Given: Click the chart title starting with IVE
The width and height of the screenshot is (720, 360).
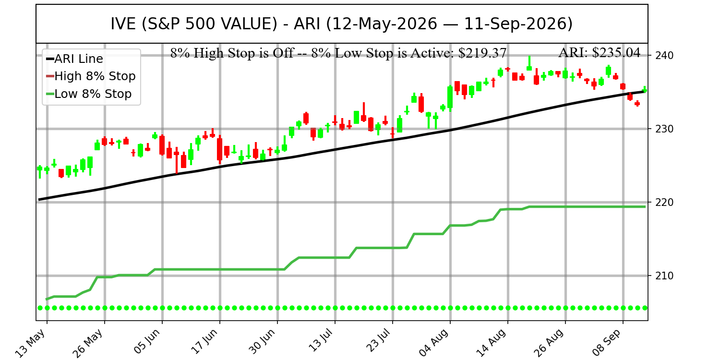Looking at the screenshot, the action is [x=341, y=24].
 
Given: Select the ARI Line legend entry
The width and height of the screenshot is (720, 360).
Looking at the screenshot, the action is [x=74, y=59].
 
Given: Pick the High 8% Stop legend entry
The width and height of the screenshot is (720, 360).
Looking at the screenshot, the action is [x=91, y=76].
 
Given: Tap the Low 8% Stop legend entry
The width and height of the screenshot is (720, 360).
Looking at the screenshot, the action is [x=89, y=94].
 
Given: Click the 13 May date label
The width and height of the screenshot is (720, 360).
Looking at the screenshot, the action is [x=30, y=343].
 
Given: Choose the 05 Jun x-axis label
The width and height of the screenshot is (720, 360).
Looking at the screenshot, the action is [x=147, y=341].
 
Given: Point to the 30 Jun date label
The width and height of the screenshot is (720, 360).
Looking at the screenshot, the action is [x=263, y=341].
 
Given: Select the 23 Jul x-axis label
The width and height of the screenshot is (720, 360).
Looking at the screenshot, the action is [x=379, y=341].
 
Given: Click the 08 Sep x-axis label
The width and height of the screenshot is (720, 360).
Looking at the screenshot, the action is [x=607, y=343].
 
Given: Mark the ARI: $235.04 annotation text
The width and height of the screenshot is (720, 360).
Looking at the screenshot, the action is [x=600, y=53].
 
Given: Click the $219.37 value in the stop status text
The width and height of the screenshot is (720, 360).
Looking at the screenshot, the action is [x=482, y=53].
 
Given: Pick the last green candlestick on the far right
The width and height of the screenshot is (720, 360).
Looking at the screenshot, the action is [x=645, y=90].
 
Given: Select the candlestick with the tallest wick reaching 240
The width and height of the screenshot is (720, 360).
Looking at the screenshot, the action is [x=529, y=64].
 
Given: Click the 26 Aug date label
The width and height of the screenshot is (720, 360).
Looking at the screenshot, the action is [x=549, y=343].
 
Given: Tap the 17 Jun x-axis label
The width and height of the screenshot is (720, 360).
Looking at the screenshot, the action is [x=204, y=341].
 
